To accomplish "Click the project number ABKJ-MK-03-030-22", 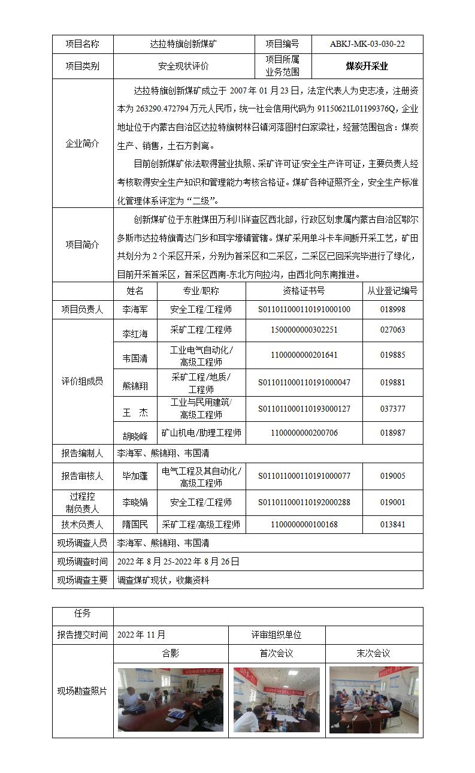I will pyautogui.click(x=367, y=44).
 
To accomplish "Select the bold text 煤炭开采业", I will pyautogui.click(x=367, y=66).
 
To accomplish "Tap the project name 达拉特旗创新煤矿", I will pyautogui.click(x=184, y=44).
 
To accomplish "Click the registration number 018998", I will pyautogui.click(x=392, y=310).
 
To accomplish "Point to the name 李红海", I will pyautogui.click(x=135, y=333).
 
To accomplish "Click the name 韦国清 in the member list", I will pyautogui.click(x=135, y=359).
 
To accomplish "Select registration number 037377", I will pyautogui.click(x=392, y=409).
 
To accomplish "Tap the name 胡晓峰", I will pyautogui.click(x=135, y=436).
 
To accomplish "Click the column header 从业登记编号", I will pyautogui.click(x=392, y=291).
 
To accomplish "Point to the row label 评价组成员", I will pyautogui.click(x=82, y=382).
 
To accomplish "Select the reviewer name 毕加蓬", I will pyautogui.click(x=135, y=476).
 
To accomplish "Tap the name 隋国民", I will pyautogui.click(x=135, y=524).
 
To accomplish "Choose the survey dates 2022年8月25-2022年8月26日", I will pyautogui.click(x=178, y=561).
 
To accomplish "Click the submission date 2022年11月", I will pyautogui.click(x=141, y=635).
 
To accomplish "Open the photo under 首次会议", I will pyautogui.click(x=276, y=699).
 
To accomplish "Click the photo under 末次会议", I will pyautogui.click(x=374, y=699).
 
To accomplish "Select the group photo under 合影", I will pyautogui.click(x=170, y=699).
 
